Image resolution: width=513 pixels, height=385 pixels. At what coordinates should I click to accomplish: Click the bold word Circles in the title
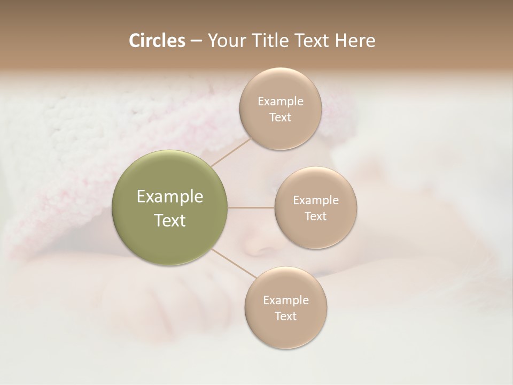point(157,41)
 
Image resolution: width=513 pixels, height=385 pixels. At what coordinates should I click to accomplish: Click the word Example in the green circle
point(170,197)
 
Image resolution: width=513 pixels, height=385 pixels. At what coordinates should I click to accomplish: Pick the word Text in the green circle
point(170,220)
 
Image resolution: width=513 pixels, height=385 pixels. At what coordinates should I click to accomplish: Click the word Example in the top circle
point(281,102)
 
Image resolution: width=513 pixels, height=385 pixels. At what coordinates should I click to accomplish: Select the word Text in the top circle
point(281,118)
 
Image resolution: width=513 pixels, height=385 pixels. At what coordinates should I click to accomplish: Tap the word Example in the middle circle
point(316,201)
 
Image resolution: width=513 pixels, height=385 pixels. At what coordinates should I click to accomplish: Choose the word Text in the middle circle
point(316,217)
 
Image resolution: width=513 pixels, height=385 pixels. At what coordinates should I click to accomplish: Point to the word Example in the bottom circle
point(286,301)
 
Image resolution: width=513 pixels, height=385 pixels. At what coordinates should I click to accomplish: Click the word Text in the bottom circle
point(286,317)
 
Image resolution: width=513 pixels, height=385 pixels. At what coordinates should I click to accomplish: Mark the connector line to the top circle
point(231,151)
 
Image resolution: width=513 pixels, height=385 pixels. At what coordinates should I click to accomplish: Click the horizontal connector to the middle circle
point(251,207)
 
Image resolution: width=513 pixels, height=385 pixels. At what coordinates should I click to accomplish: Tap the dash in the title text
point(196,41)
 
